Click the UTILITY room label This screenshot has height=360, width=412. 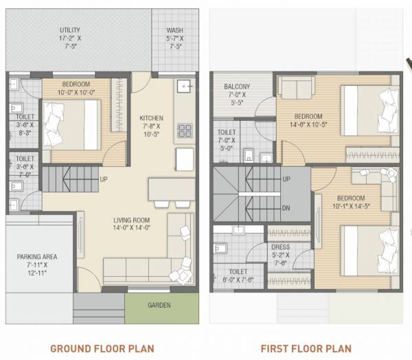coord(69,30)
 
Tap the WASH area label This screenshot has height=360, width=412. coord(175,30)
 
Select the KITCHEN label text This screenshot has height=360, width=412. coord(151,118)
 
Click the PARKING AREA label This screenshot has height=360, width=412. coord(37,258)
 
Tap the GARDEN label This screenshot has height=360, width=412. coord(159,305)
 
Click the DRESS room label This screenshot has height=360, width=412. coord(280,247)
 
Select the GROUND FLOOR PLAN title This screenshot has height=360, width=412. coord(102,348)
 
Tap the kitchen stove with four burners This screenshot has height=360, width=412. coord(185,130)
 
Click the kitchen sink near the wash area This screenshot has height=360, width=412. coord(184,87)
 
